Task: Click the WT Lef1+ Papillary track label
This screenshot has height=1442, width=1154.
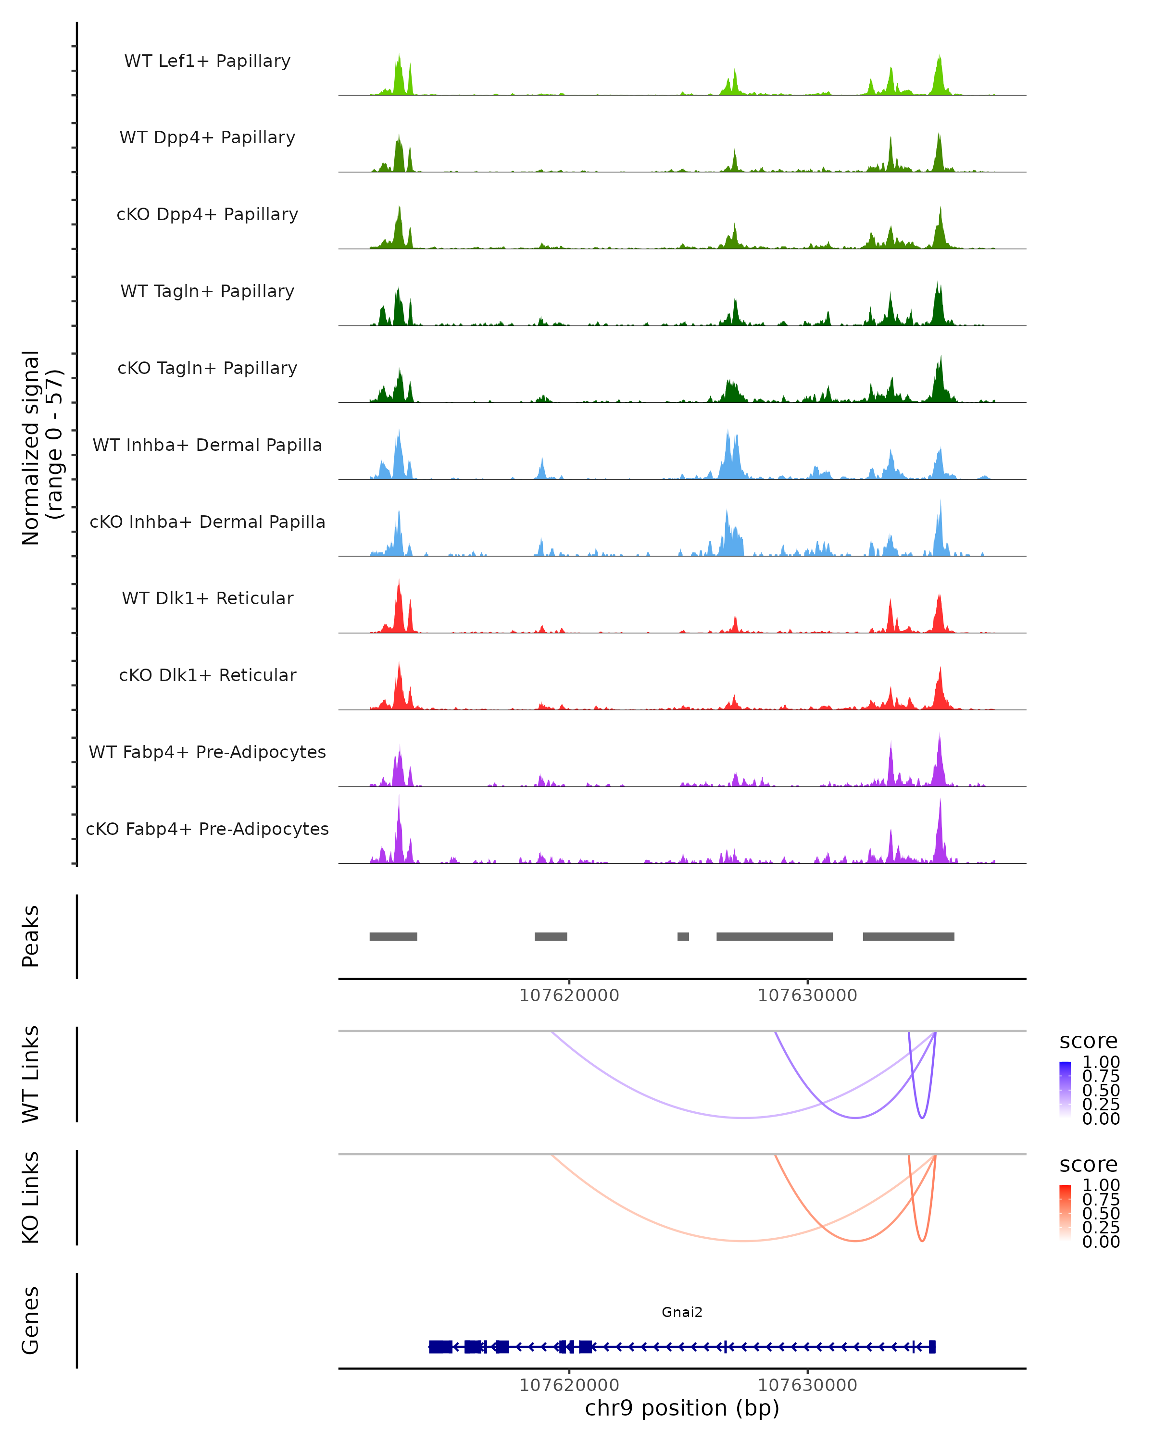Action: (207, 61)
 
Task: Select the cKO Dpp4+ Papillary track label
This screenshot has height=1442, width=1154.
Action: (207, 215)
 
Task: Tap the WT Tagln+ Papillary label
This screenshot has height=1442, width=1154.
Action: (207, 292)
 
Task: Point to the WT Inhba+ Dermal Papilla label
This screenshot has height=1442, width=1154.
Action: (207, 446)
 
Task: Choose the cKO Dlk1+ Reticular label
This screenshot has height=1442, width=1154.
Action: (207, 675)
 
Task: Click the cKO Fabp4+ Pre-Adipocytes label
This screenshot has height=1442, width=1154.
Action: (207, 829)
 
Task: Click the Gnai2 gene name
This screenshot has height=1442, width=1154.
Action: (682, 1312)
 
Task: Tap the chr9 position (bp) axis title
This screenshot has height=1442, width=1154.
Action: (682, 1408)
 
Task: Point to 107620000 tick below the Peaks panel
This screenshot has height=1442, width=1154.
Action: (569, 996)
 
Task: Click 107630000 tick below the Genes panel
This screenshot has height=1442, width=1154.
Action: (807, 1385)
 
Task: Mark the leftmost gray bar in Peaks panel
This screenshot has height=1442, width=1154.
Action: (393, 937)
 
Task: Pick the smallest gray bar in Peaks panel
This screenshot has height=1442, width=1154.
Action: (683, 937)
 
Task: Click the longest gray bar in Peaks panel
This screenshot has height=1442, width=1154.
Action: (775, 937)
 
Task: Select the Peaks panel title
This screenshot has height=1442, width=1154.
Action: (31, 936)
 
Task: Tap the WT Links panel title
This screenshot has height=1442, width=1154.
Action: (31, 1074)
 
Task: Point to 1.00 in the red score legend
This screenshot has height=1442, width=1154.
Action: (1101, 1186)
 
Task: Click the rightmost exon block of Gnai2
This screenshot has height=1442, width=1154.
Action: (932, 1347)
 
